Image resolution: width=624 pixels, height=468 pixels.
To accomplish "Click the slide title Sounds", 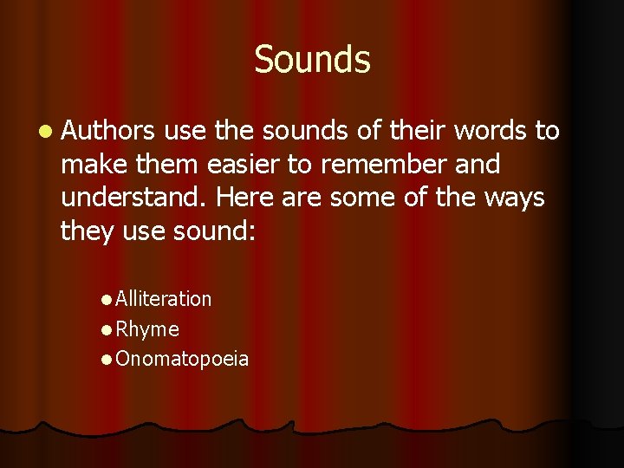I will click(312, 60).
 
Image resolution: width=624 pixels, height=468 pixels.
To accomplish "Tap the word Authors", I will click(108, 131).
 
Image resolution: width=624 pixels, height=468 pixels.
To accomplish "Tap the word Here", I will click(244, 198).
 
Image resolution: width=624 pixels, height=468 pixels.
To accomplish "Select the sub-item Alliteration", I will click(163, 299).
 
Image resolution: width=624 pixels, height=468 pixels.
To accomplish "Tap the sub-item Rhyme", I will click(146, 329).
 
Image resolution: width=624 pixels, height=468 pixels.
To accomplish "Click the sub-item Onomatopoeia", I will click(181, 359).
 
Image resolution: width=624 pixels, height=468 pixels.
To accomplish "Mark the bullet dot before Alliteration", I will click(105, 300).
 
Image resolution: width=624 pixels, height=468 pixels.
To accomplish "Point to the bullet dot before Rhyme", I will click(105, 330).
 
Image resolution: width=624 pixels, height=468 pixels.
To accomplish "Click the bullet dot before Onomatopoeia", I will click(105, 360).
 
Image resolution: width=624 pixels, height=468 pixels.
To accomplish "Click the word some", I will click(361, 198).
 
